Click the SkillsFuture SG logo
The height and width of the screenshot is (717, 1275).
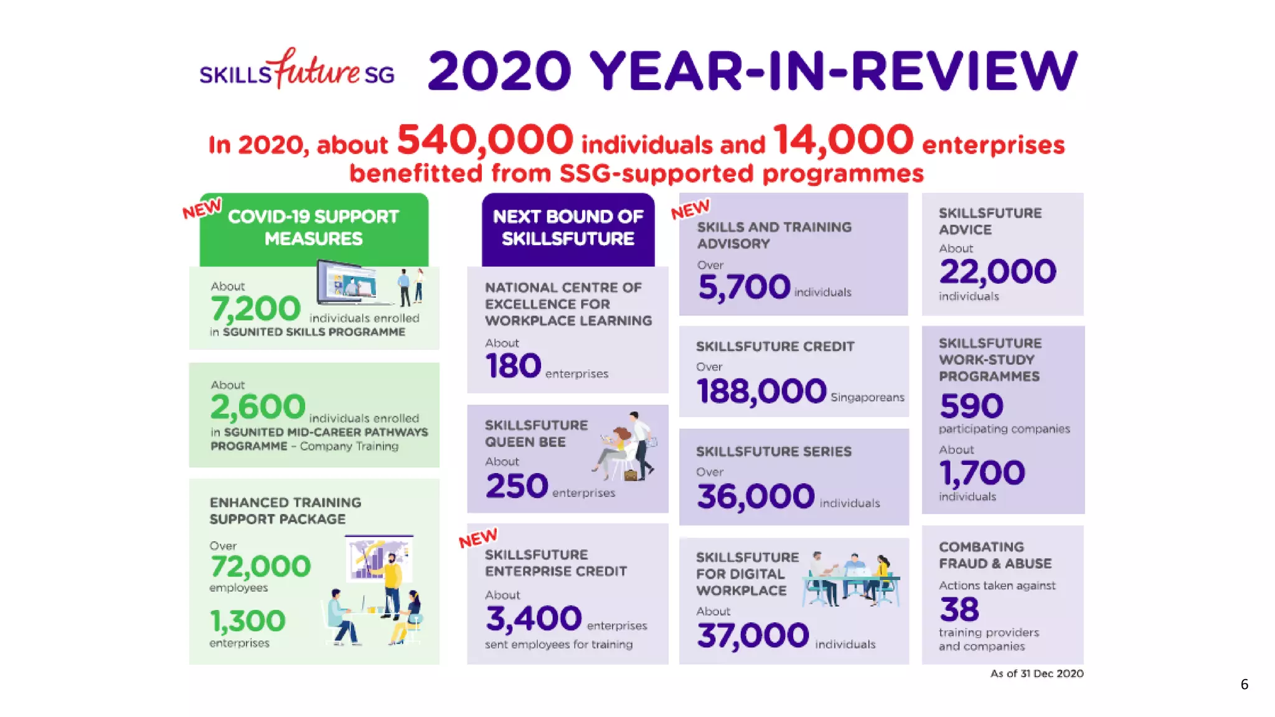(297, 70)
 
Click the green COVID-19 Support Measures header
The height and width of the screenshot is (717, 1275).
(314, 228)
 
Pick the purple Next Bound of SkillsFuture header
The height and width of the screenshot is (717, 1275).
(568, 228)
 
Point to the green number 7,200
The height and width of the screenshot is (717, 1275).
(255, 309)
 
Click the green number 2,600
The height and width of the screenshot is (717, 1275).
(258, 407)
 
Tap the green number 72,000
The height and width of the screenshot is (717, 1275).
(260, 566)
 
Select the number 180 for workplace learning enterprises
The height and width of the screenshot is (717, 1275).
(513, 366)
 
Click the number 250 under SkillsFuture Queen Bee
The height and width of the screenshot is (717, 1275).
(517, 486)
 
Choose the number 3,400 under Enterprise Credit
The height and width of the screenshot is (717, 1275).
(534, 619)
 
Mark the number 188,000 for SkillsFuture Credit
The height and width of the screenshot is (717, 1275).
(761, 391)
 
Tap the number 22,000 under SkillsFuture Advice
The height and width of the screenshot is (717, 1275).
(997, 272)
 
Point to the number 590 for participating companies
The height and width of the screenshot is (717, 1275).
(971, 406)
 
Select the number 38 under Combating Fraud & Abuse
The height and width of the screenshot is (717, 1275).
(959, 609)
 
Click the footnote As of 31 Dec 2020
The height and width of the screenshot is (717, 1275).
(1037, 673)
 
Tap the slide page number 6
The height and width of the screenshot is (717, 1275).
(1244, 685)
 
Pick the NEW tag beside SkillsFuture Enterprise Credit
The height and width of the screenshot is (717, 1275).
(478, 538)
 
